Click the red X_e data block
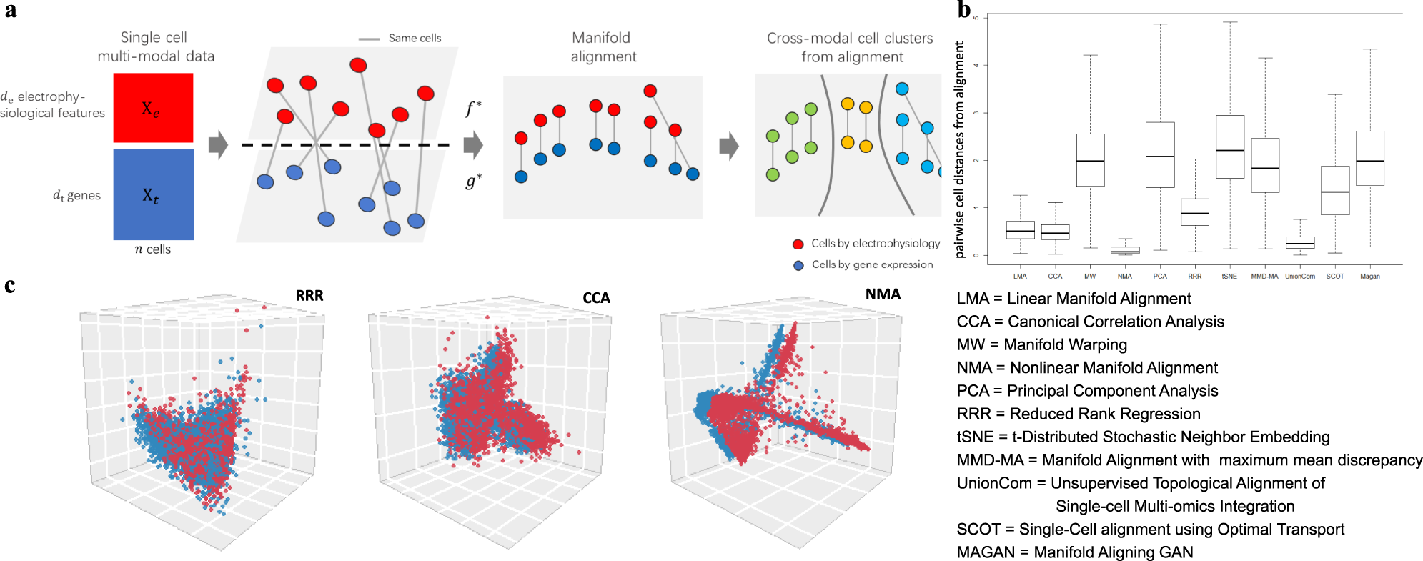click(x=153, y=108)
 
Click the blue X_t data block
click(x=153, y=194)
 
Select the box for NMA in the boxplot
click(x=1125, y=249)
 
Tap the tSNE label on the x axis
click(x=1229, y=277)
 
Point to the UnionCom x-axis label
click(x=1299, y=277)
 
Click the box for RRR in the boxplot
click(x=1195, y=212)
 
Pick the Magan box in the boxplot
click(x=1369, y=158)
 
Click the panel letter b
click(x=964, y=10)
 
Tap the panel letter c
click(x=9, y=286)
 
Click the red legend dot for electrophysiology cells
click(x=798, y=244)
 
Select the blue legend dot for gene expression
click(x=798, y=265)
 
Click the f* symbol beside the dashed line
click(x=473, y=109)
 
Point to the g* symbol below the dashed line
click(x=473, y=181)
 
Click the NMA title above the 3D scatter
click(x=883, y=294)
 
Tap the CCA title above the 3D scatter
click(x=596, y=298)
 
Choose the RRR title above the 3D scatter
click(x=309, y=296)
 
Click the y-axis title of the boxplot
click(x=960, y=149)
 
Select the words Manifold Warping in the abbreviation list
click(x=1065, y=345)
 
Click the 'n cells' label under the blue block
click(x=153, y=249)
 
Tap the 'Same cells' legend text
click(x=415, y=39)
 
